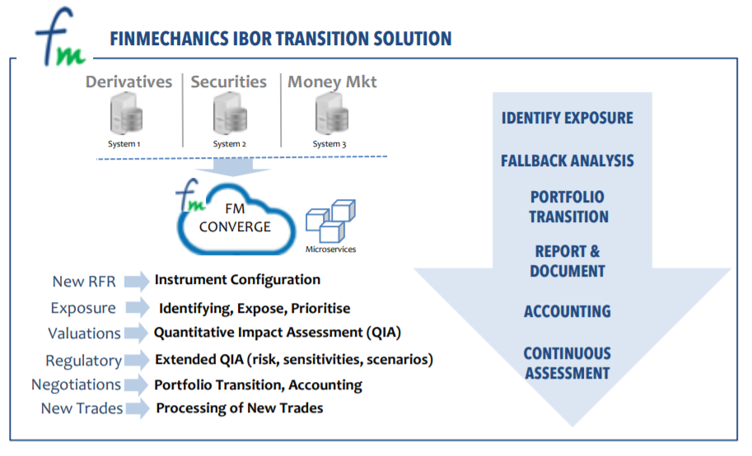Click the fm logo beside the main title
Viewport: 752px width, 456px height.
coord(60,37)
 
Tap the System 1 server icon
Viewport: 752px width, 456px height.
coord(126,114)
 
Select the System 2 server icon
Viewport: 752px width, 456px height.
coord(230,114)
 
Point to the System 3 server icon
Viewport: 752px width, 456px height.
coord(332,114)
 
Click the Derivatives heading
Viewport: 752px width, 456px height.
coord(128,82)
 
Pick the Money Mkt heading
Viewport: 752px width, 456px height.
coord(332,82)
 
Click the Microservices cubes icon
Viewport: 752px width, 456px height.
coord(330,221)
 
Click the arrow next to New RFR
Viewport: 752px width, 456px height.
coord(137,281)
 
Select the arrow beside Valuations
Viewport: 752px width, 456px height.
coord(136,333)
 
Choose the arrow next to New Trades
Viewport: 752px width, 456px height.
coord(138,408)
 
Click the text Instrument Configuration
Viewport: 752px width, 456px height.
coord(237,280)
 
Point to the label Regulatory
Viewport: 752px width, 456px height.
coord(83,361)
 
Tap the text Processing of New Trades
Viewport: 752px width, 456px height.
coord(240,408)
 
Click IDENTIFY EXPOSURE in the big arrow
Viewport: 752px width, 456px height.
coord(568,118)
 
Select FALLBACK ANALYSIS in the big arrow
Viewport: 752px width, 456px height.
coord(568,161)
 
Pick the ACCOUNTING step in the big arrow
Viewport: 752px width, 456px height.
coord(568,312)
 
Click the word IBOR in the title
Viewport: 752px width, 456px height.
coord(252,39)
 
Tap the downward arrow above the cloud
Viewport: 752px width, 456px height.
coord(233,167)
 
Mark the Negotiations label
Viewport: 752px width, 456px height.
coord(77,384)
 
